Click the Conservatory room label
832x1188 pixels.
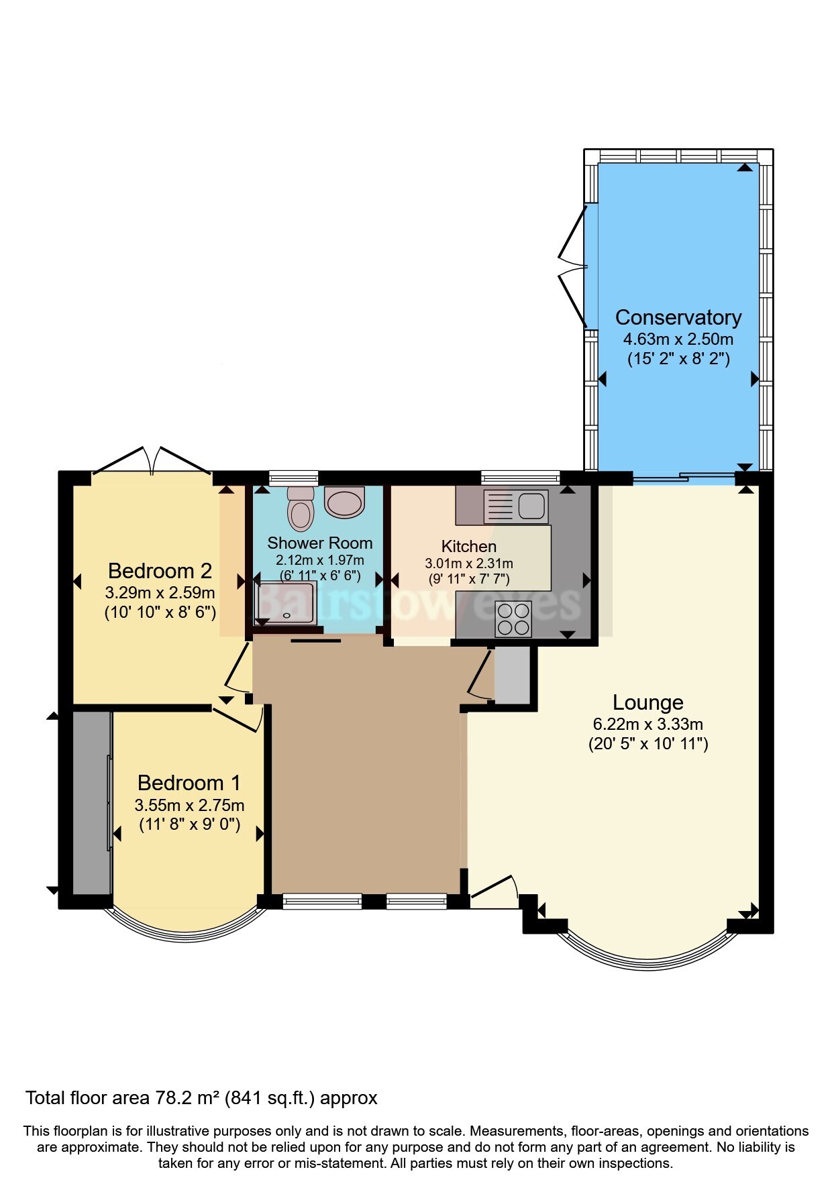678,317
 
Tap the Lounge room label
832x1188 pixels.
647,702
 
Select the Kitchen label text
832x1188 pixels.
469,547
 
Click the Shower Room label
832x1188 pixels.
319,543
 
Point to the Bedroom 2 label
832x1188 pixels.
160,571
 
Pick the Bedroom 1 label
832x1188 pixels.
189,783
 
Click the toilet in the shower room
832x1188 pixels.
301,508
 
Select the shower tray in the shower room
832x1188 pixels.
286,602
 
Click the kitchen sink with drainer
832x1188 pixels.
515,506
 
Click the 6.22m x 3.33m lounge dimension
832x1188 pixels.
647,724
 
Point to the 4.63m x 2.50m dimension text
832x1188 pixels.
678,339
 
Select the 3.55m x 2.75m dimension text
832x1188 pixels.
189,805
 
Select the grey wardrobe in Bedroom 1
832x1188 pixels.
92,803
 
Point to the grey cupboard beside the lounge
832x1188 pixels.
512,675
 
